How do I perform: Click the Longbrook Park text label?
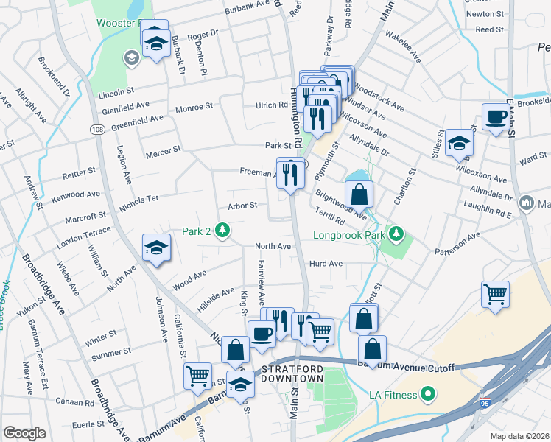[x=349, y=236]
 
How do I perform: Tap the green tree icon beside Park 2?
[x=221, y=232]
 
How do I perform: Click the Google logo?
[x=24, y=433]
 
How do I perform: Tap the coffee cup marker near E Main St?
[x=496, y=116]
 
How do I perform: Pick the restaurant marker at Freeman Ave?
[x=290, y=175]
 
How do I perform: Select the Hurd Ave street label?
[x=326, y=263]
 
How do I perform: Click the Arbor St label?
[x=242, y=206]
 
